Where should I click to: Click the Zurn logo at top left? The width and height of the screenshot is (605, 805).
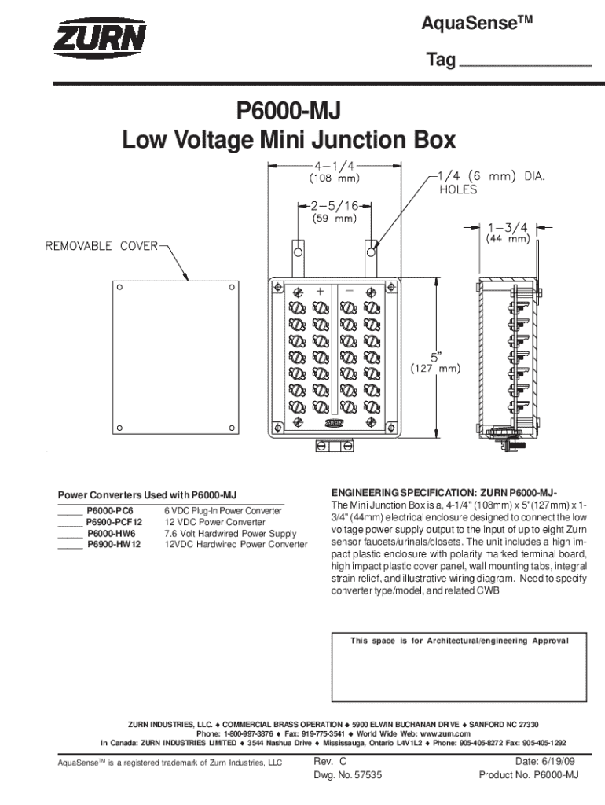pos(100,39)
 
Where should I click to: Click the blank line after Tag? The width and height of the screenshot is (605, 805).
pos(524,63)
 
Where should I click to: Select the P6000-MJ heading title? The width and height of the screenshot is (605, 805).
pos(288,109)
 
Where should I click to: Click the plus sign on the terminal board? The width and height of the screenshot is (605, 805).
pos(320,291)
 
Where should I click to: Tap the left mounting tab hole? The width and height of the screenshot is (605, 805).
pos(298,252)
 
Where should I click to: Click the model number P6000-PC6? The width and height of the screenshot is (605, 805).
pos(109,511)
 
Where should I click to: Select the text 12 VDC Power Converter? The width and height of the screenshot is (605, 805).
pos(214,522)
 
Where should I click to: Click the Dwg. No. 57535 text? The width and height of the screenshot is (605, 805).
pos(347,775)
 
